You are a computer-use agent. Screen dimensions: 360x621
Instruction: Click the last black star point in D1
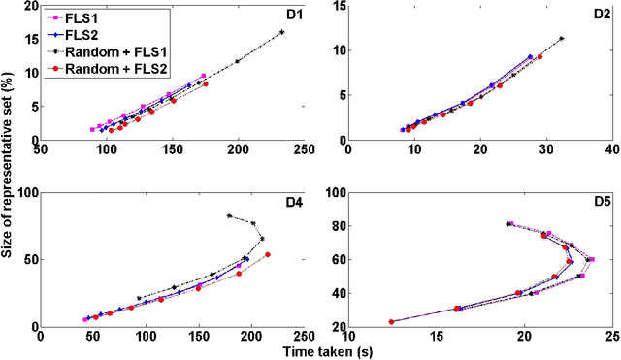[x=282, y=32]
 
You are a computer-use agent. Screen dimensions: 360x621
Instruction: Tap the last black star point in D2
[x=561, y=38]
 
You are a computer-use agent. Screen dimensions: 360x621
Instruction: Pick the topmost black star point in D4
[x=229, y=215]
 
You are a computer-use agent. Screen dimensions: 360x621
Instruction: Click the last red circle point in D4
[x=268, y=255]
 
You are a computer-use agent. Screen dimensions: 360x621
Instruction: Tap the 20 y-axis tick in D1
[x=32, y=6]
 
